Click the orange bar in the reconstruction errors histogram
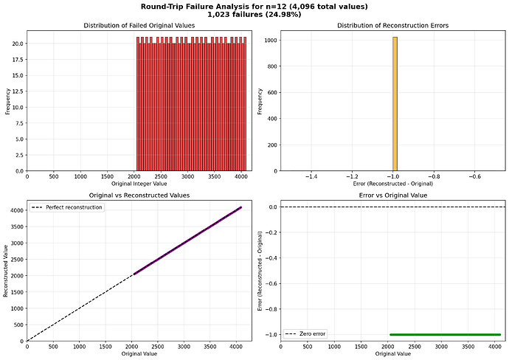[395, 103]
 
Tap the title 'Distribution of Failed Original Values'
[136, 26]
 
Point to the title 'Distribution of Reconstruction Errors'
[392, 26]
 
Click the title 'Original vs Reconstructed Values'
[136, 195]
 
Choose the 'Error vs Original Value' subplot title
[392, 195]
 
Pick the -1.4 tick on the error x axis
[312, 177]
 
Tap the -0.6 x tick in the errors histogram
[474, 177]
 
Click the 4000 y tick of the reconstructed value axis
[16, 211]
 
